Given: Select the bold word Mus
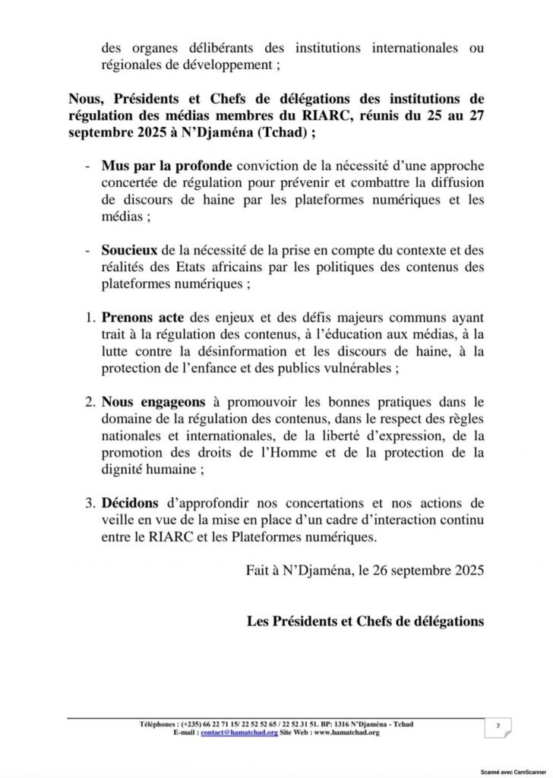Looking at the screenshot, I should pyautogui.click(x=115, y=166).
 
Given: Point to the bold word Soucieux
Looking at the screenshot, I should pyautogui.click(x=129, y=251).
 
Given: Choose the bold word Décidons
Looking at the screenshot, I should pyautogui.click(x=130, y=503).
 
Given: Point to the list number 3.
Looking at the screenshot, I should pyautogui.click(x=90, y=503).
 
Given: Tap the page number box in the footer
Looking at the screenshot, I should pyautogui.click(x=497, y=728).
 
